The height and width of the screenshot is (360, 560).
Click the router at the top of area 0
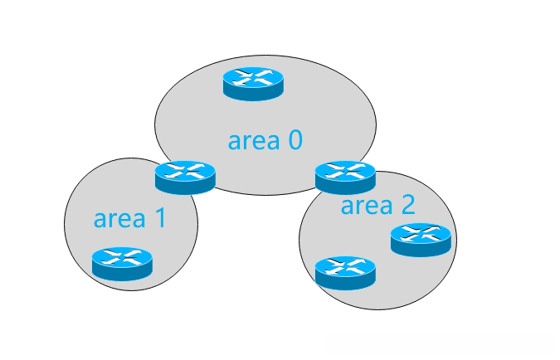tap(253, 84)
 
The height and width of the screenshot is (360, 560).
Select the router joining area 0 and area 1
tap(185, 178)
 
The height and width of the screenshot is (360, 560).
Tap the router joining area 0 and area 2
tap(345, 178)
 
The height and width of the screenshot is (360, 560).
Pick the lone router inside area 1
tap(122, 264)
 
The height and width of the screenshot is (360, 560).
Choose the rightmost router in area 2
tap(421, 240)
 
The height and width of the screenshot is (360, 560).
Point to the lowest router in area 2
tap(345, 273)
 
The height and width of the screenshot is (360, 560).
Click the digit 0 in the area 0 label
tap(295, 140)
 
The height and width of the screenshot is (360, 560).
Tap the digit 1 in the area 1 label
tap(161, 218)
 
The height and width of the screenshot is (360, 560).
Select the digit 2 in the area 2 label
tap(408, 205)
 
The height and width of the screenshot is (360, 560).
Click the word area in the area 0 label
tap(254, 141)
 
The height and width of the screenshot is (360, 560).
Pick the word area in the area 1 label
tap(119, 219)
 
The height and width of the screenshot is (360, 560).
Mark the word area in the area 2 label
tap(367, 207)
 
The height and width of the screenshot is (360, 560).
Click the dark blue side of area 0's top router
tap(253, 94)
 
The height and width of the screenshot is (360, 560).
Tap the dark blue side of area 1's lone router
tap(122, 274)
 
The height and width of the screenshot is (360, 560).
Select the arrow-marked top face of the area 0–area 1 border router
tap(185, 170)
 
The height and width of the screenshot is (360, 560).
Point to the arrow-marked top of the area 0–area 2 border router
tap(345, 170)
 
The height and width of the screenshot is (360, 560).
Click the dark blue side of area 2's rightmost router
tap(421, 250)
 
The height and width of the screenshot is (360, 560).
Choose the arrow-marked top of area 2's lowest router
tap(345, 265)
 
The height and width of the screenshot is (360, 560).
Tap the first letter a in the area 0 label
tap(234, 142)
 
